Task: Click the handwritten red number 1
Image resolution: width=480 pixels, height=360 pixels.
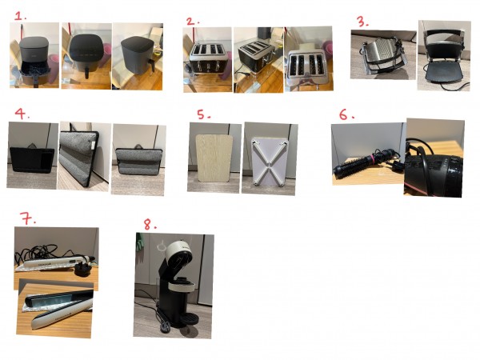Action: pos(18,16)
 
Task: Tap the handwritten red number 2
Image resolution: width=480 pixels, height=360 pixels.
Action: pos(191,22)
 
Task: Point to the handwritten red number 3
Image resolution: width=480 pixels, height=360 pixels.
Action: pos(362,22)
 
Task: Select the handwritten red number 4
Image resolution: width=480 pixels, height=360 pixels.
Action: pos(21,114)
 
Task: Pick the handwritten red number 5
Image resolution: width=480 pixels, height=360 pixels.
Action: pos(202,114)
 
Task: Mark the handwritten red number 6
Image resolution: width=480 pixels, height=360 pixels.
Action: pos(345,114)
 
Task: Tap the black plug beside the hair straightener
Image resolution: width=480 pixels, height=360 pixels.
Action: pos(82,270)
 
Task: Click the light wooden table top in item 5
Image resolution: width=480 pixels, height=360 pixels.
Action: pos(214,158)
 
